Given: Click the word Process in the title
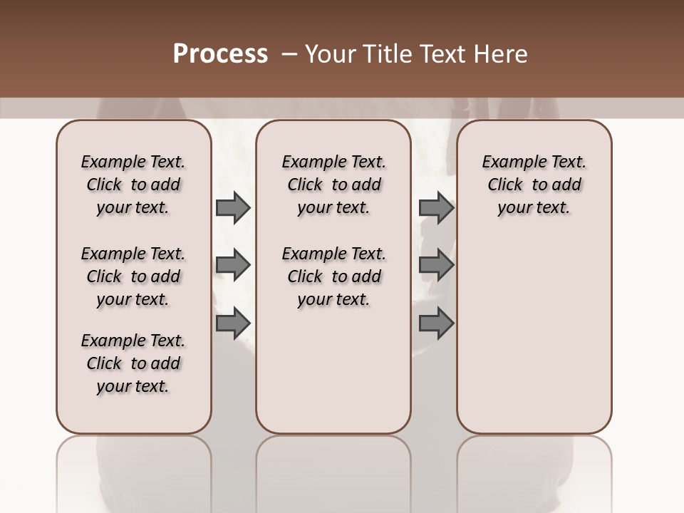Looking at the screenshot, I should pyautogui.click(x=220, y=54).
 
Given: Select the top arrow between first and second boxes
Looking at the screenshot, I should pyautogui.click(x=233, y=208).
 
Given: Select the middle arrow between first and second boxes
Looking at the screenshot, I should pyautogui.click(x=233, y=266).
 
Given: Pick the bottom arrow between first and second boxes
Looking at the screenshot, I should pyautogui.click(x=233, y=323).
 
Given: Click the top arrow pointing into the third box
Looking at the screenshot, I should pyautogui.click(x=436, y=208).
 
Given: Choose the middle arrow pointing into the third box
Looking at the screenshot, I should pyautogui.click(x=436, y=266).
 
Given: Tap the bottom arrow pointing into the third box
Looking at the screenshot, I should pyautogui.click(x=436, y=323).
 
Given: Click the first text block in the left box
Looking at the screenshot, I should pyautogui.click(x=133, y=185).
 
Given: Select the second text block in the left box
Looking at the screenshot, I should pyautogui.click(x=133, y=276).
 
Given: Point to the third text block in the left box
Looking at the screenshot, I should pyautogui.click(x=133, y=363).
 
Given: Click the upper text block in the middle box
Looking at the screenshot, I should pyautogui.click(x=333, y=185).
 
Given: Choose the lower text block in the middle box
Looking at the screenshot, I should pyautogui.click(x=333, y=276).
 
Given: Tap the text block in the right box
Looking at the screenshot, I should pyautogui.click(x=534, y=185).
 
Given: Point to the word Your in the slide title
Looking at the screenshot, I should pyautogui.click(x=331, y=54).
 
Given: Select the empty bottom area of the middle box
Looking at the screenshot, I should pyautogui.click(x=333, y=378).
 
